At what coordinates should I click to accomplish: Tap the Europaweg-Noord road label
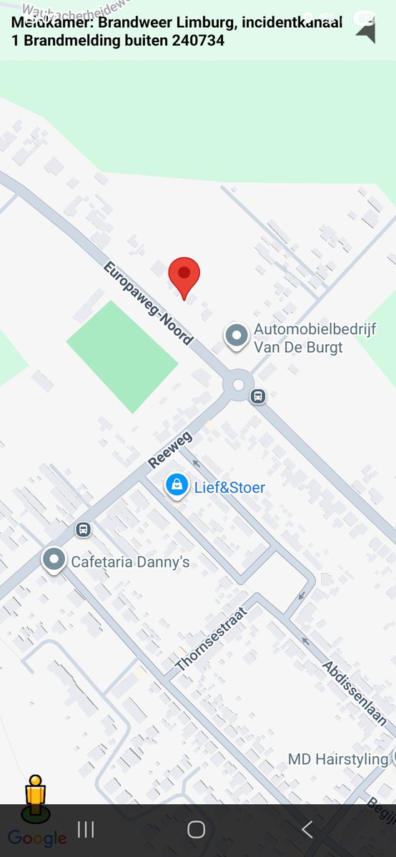pos(148,303)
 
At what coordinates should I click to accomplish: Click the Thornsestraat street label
pos(210,639)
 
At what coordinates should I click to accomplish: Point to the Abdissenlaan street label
pos(354,693)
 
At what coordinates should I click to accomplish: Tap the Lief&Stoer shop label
pos(229,488)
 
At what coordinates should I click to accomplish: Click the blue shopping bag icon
pos(176,485)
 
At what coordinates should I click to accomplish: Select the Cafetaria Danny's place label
pos(130,562)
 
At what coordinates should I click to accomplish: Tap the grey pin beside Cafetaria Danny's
pos(54,560)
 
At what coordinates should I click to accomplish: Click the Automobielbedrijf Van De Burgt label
pos(298,339)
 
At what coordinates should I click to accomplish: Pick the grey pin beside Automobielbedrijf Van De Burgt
pos(236,335)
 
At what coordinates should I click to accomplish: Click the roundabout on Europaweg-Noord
pos(238,385)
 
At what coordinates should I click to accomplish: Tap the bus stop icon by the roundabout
pos(258,396)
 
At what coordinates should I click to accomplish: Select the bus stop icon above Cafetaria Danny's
pos(84,529)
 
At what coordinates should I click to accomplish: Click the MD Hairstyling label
pos(338,758)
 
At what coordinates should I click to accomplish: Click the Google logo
pos(37,838)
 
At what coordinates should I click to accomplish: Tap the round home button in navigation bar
pos(197,829)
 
